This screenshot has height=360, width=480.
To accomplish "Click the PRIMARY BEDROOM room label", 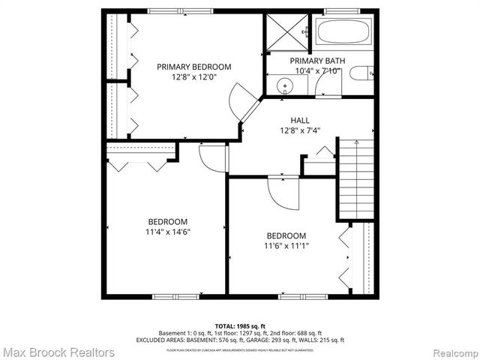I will tap(193, 67).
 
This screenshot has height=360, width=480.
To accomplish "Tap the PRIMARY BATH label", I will tap(315, 61).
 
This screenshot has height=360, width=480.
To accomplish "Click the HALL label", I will tap(300, 120).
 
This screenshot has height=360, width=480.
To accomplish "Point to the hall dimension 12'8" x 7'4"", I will tap(300, 131).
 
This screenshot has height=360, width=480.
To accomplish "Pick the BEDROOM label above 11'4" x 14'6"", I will tap(167, 222).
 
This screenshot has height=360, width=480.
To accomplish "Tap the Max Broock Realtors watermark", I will tap(58, 352).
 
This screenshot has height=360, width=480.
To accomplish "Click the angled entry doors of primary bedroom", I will tap(246, 105).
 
